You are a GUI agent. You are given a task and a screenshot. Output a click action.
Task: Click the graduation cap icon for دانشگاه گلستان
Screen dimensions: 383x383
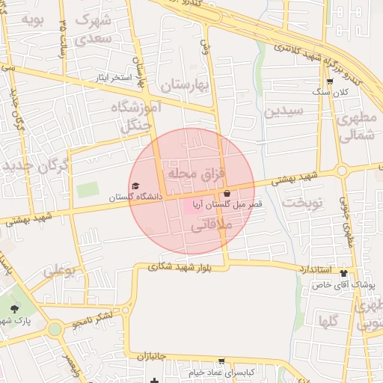[x=135, y=186]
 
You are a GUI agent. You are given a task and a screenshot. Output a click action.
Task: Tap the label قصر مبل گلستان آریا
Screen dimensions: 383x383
[x=222, y=203]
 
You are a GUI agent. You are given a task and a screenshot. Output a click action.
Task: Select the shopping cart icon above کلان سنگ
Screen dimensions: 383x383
[x=330, y=82]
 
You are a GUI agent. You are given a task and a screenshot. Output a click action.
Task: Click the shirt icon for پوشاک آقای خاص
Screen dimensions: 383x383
[x=343, y=273]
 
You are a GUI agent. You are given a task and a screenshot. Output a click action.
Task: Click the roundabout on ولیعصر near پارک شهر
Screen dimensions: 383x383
[x=54, y=328]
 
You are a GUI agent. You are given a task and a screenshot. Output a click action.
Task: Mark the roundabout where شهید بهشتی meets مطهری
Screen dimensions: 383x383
[x=342, y=171]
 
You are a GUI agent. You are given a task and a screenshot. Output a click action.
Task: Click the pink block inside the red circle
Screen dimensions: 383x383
[x=193, y=205]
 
